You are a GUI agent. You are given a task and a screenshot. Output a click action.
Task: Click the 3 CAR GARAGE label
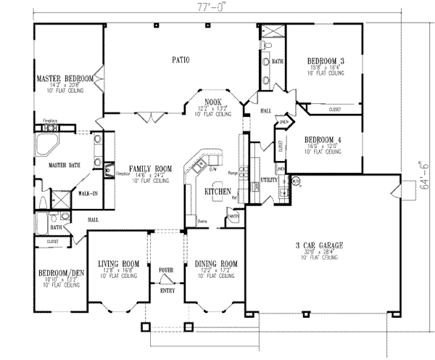coord(320,245)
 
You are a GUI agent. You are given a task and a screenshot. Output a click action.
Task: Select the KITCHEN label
coord(217,191)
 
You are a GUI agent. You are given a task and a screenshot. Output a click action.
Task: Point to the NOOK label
coord(214,102)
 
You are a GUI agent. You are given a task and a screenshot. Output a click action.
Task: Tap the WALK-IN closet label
coord(88,194)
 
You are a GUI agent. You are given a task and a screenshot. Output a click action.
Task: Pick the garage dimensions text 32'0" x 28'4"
coord(320,252)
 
